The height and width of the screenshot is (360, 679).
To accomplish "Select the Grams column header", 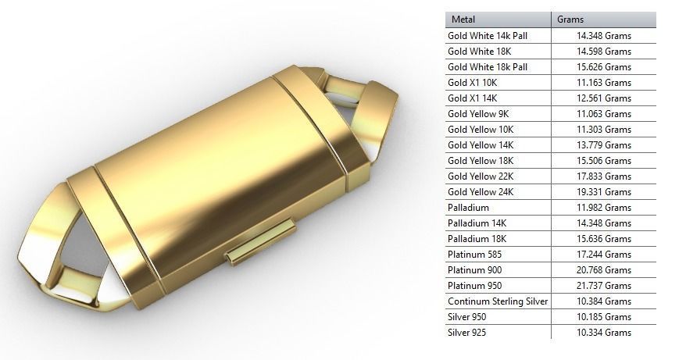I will click(x=570, y=20).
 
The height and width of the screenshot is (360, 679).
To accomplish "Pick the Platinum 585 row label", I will click(x=474, y=255).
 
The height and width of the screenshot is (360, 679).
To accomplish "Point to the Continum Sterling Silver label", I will click(x=498, y=301).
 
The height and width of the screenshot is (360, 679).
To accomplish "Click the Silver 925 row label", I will click(x=468, y=333).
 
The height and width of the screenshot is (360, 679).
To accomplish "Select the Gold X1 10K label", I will click(x=473, y=83).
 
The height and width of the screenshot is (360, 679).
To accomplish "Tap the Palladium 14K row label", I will click(x=477, y=223).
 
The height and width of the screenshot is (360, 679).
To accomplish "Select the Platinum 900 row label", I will click(x=474, y=270).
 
